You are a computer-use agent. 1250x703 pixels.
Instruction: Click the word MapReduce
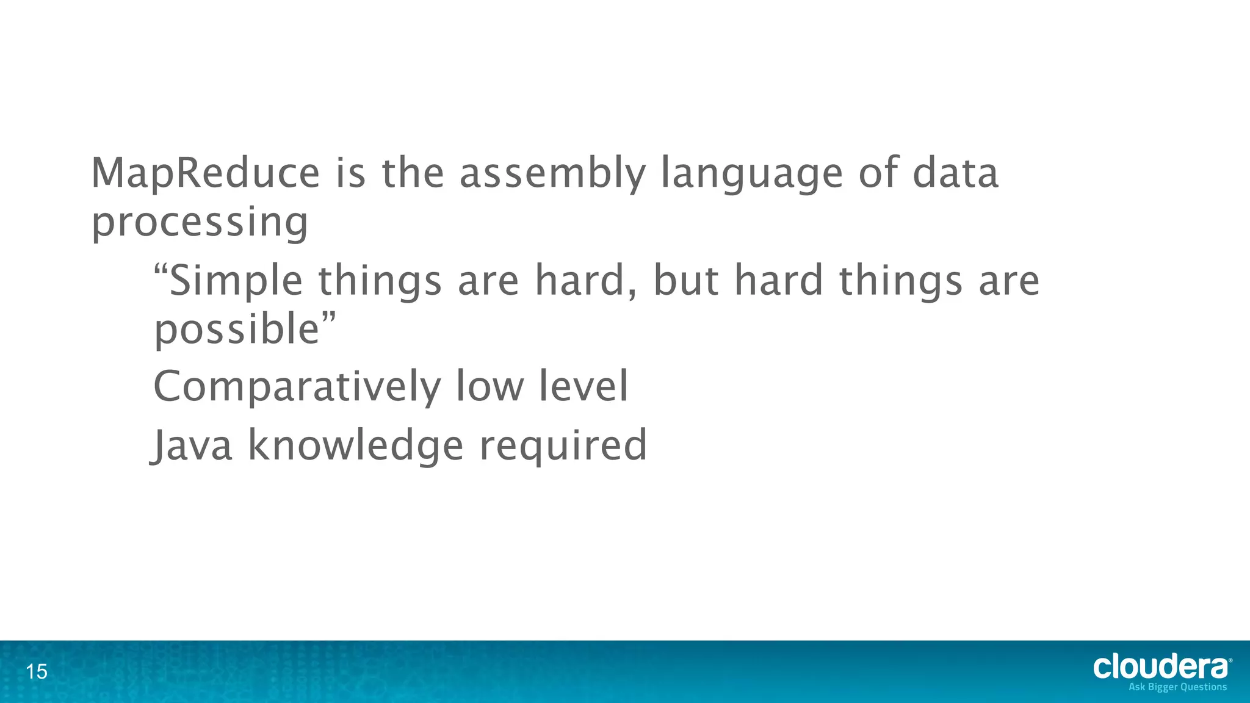pyautogui.click(x=205, y=173)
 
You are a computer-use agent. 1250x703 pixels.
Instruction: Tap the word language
pyautogui.click(x=752, y=175)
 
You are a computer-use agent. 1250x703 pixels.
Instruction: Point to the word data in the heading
pyautogui.click(x=955, y=173)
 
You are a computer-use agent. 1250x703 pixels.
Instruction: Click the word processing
pyautogui.click(x=200, y=223)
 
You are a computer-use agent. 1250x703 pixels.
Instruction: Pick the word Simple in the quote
pyautogui.click(x=236, y=282)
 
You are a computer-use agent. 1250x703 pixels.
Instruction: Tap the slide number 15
pyautogui.click(x=37, y=672)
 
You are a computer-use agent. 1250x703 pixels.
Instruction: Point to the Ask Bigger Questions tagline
pyautogui.click(x=1177, y=687)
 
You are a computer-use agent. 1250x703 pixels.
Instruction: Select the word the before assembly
pyautogui.click(x=413, y=173)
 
